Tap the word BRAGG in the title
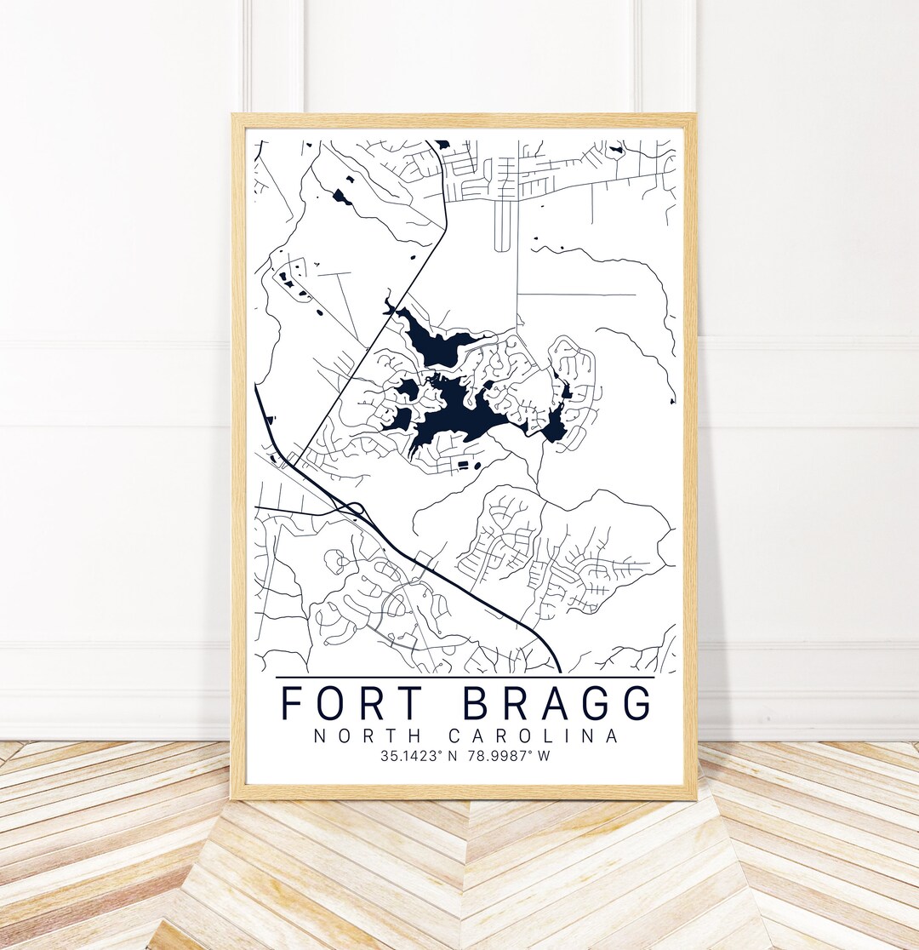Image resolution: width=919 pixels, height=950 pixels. pos(559,702)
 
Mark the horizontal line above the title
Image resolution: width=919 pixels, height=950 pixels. pos(465,678)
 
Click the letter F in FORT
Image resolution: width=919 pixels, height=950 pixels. pos(292,702)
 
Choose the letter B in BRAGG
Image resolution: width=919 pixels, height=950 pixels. pos(481,702)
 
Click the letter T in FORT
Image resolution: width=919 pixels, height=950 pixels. pos(410,702)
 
